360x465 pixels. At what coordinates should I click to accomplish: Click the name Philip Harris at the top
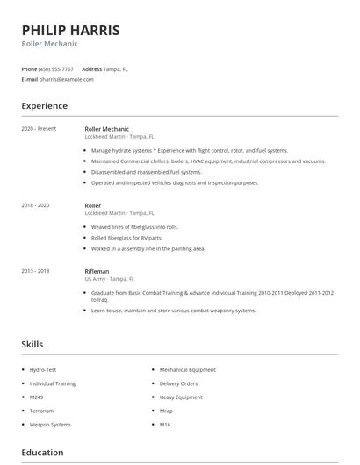point(70,30)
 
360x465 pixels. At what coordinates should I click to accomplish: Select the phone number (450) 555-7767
point(57,68)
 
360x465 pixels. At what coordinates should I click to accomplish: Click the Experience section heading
point(44,106)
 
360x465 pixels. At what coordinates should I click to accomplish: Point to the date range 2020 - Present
point(39,129)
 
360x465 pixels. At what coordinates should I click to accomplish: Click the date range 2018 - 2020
point(35,204)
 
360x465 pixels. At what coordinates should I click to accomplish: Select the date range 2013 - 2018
point(35,272)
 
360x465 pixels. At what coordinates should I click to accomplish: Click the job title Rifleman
point(97,272)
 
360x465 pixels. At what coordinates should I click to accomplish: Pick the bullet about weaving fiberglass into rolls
point(134,226)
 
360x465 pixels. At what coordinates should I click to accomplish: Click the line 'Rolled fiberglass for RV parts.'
point(126,237)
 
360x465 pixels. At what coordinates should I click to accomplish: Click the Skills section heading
point(32,345)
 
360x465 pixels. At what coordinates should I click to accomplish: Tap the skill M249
point(36,397)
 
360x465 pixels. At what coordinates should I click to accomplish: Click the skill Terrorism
point(41,411)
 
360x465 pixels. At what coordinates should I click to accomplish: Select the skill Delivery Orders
point(178,383)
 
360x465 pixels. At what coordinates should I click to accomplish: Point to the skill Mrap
point(166,411)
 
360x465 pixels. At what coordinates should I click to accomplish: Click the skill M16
point(164,425)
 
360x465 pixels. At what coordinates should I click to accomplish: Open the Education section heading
point(42,453)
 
